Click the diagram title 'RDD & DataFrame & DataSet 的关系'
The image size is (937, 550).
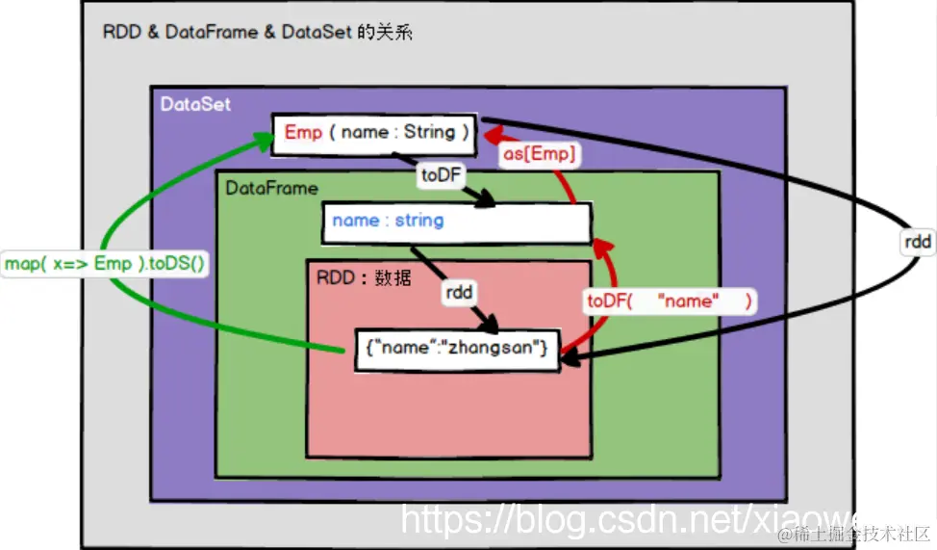coord(257,32)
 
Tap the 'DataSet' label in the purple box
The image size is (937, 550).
coord(195,104)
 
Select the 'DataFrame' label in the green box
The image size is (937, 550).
coord(271,188)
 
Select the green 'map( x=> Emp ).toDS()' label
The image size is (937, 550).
coord(106,263)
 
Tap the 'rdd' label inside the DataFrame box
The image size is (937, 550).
coord(458,293)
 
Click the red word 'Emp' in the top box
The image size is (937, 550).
coord(303,132)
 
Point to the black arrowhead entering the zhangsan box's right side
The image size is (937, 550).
coord(569,358)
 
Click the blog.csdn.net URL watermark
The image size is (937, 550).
coord(630,520)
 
